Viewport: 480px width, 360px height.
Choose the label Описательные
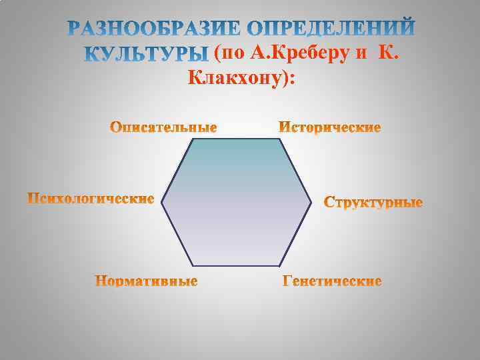[163, 127]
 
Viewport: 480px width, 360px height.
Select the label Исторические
[329, 127]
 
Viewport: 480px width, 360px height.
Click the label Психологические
[91, 199]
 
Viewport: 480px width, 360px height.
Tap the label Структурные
[373, 201]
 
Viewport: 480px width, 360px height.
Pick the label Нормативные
[146, 281]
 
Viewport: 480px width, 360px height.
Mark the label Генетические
[332, 281]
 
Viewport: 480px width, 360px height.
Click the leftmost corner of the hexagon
[163, 199]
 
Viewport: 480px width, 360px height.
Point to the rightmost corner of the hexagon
[312, 199]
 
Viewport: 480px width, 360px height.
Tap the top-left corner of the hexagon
[194, 139]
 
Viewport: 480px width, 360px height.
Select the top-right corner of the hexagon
[281, 139]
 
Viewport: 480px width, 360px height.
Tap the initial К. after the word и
[389, 53]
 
